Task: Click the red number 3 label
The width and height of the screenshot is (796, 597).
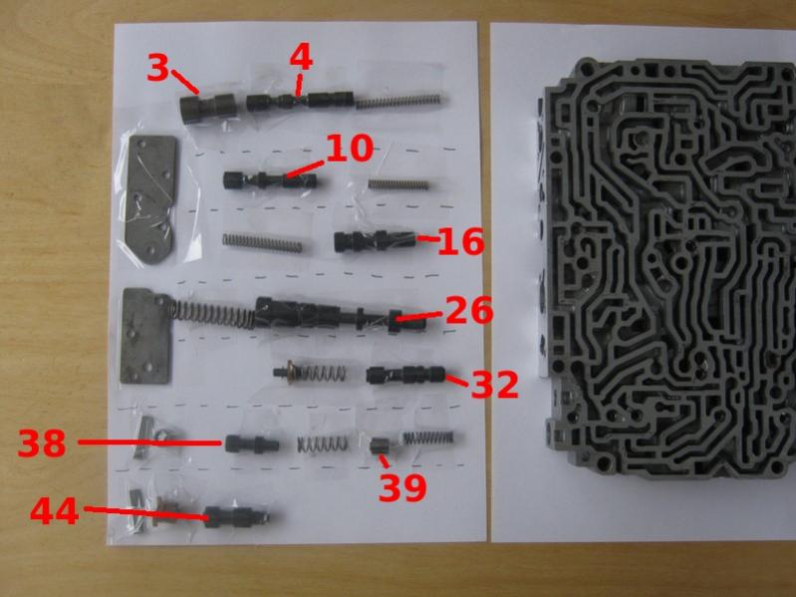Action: (x=156, y=68)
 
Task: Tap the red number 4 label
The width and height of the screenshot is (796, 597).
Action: (x=301, y=58)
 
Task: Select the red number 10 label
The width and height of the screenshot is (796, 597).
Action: (x=350, y=149)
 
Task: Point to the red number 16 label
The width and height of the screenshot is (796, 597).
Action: (x=460, y=242)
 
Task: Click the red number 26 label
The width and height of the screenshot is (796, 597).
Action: (x=469, y=311)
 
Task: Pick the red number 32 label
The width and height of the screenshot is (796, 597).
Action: (x=495, y=385)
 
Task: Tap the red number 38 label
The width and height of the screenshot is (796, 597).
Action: (x=42, y=443)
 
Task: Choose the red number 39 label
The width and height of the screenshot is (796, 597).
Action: (x=402, y=487)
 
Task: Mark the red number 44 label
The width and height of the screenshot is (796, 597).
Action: (x=55, y=510)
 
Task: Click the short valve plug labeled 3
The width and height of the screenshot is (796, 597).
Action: (x=208, y=108)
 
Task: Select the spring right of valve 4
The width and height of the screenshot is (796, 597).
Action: (x=401, y=100)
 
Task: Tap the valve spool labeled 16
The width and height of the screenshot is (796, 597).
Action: (x=376, y=240)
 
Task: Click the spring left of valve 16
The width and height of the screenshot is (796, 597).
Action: (x=262, y=242)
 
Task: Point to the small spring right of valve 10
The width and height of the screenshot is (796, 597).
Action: (x=398, y=183)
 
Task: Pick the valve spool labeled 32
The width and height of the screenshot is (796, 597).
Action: (x=406, y=375)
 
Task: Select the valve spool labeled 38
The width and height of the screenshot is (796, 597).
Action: (x=252, y=445)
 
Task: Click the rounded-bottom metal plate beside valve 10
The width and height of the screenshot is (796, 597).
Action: (x=150, y=200)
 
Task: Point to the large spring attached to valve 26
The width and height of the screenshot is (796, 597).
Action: (x=212, y=314)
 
